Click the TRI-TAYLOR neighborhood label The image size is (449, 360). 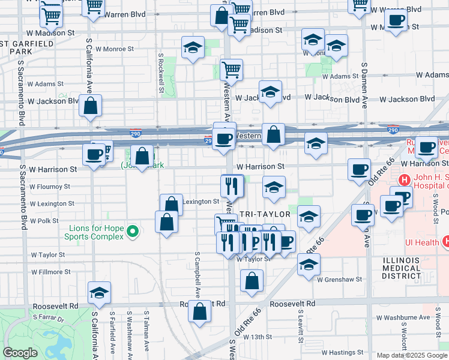[265, 214]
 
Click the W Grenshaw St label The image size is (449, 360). [340, 280]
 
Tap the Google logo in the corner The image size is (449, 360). [20, 353]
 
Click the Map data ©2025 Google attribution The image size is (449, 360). [412, 355]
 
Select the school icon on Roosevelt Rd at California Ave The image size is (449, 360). [99, 292]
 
